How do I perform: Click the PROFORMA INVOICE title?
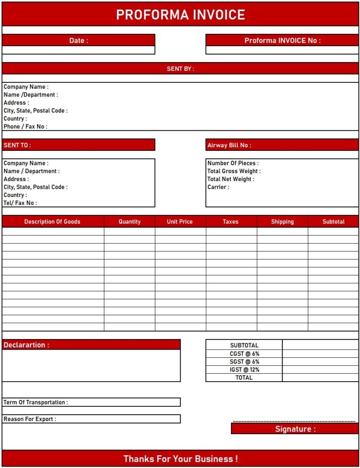tap(180, 15)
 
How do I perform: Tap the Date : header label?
tap(79, 40)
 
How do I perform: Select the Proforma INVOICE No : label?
tap(282, 40)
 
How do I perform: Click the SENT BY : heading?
tap(180, 69)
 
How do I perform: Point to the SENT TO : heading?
tap(17, 145)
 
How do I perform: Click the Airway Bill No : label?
tap(229, 145)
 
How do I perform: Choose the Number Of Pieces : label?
tap(233, 163)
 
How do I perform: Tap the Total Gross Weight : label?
tap(234, 171)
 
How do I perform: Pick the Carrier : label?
tap(218, 187)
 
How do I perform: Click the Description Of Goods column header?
tap(52, 222)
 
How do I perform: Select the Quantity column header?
tap(129, 222)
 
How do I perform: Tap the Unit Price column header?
tap(180, 222)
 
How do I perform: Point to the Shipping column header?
tap(282, 222)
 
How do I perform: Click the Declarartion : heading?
tap(27, 345)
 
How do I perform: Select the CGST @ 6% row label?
tap(244, 354)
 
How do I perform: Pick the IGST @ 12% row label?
tap(244, 369)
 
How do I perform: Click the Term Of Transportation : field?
tap(91, 402)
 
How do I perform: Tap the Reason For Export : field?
tap(91, 419)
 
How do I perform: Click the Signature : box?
tap(295, 429)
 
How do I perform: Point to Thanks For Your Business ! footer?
tap(180, 458)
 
